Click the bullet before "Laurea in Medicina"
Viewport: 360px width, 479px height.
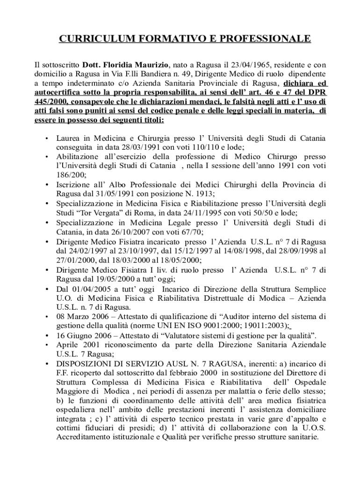click(46, 139)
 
